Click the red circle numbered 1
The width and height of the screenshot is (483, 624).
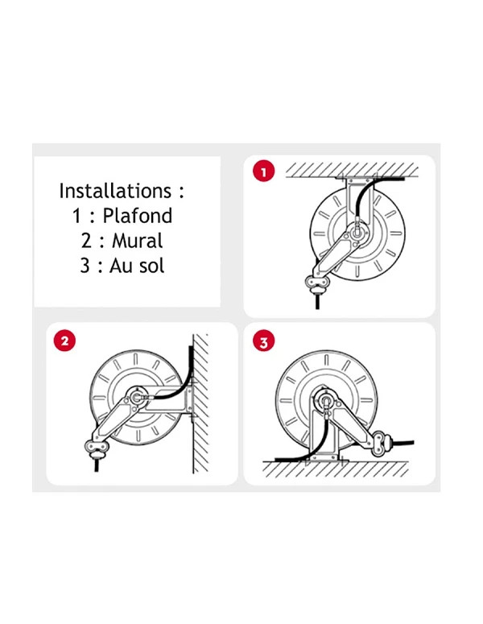coord(263,171)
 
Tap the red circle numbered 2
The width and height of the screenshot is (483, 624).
coord(64,341)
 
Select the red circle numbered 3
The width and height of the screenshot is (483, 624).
coord(263,341)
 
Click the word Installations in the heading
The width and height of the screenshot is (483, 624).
coord(115,191)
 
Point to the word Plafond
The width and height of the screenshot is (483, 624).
coord(138,215)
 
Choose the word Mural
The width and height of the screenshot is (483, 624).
coord(138,241)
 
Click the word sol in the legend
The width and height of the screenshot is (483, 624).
coord(150,266)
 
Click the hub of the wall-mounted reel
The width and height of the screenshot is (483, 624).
coord(137,398)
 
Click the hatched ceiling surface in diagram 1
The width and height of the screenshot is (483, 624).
coord(352,170)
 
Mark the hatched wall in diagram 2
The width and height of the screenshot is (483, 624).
coord(200,403)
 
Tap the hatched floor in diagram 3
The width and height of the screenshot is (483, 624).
coord(336,469)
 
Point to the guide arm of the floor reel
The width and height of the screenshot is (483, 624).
coord(351,421)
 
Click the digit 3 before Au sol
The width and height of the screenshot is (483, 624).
coord(85,266)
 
